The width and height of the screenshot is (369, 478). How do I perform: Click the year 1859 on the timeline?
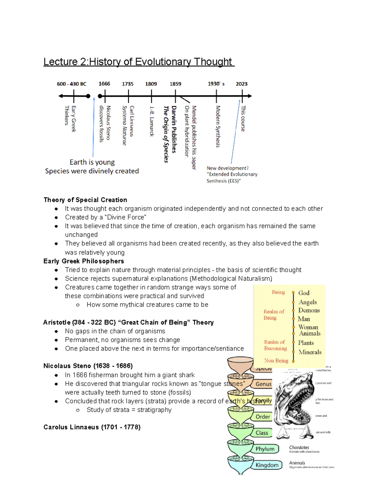(175, 84)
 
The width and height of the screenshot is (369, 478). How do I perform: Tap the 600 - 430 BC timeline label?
(72, 84)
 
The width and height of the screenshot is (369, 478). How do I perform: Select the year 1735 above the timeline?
(128, 84)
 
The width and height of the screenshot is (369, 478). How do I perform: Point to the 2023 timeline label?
(241, 84)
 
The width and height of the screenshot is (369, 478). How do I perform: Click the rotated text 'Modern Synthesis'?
(218, 126)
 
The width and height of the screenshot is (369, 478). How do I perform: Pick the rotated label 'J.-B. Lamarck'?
(151, 121)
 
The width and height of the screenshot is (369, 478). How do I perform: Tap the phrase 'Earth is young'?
(92, 162)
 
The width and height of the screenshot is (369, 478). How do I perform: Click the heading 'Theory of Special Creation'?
(85, 200)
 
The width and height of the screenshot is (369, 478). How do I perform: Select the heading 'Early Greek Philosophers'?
(84, 261)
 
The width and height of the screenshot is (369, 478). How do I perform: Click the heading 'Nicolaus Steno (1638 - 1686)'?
(88, 366)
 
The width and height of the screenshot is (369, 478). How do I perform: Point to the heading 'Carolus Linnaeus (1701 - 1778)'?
(92, 427)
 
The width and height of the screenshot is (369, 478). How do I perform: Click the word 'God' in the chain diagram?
(304, 293)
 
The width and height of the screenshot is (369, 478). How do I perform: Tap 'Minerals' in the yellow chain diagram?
(310, 352)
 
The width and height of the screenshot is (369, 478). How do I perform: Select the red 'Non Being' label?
(276, 360)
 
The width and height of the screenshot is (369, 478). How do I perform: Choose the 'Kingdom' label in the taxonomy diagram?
(267, 465)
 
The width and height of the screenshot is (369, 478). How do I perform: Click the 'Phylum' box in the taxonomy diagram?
(265, 449)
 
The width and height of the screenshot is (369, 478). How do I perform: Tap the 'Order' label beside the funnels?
(263, 417)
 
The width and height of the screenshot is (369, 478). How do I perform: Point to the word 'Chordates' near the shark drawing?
(299, 447)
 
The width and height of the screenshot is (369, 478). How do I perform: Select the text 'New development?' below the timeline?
(228, 168)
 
